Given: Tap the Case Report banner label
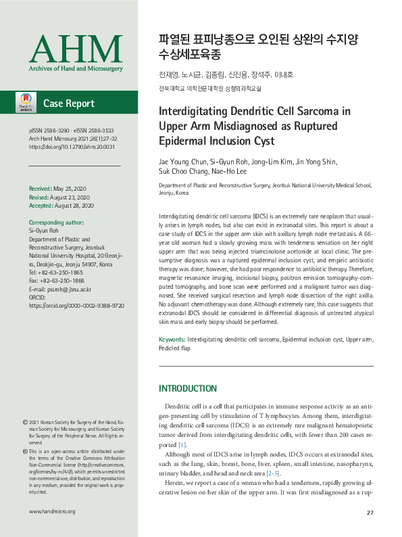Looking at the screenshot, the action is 69,103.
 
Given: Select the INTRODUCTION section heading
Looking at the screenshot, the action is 187,389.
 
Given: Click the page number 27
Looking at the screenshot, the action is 370,512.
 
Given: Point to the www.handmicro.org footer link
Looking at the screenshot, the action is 52,512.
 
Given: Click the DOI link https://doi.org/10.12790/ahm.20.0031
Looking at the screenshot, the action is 72,146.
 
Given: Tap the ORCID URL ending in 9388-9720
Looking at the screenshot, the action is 76,306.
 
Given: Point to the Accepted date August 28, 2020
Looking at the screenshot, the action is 76,206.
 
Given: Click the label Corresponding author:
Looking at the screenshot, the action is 56,223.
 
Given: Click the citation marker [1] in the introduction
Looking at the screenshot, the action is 182,445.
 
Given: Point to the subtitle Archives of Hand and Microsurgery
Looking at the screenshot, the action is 76,69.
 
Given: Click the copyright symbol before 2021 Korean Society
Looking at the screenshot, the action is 25,421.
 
